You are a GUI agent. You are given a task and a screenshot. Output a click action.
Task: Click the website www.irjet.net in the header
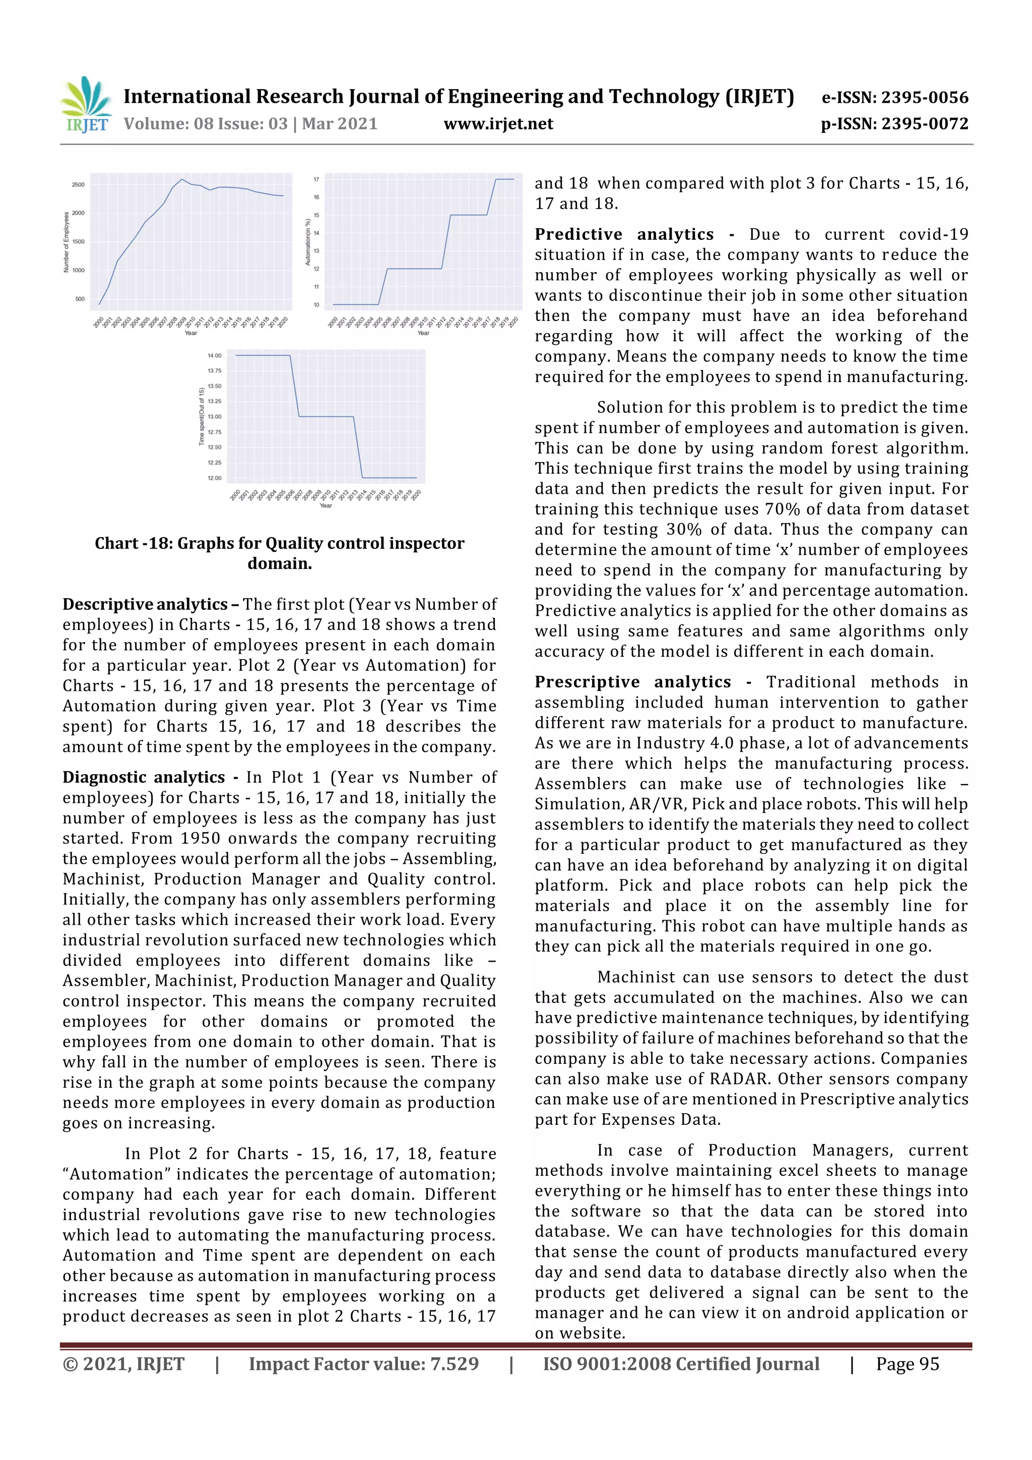[498, 124]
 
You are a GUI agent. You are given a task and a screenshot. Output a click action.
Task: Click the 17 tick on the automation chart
[316, 180]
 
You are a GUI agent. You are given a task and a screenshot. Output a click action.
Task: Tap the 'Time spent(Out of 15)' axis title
[202, 416]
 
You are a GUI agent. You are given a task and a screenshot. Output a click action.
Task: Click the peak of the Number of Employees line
[182, 179]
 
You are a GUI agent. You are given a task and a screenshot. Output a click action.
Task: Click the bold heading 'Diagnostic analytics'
[144, 777]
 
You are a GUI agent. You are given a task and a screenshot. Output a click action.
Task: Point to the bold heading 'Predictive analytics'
[624, 235]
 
